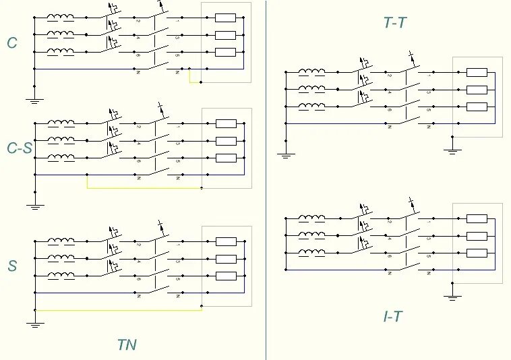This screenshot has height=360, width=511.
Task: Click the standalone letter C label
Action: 12,44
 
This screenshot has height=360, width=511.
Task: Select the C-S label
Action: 18,148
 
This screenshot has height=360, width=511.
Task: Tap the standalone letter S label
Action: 12,266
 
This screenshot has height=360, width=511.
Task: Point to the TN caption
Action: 126,345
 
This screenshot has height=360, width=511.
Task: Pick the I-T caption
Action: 392,316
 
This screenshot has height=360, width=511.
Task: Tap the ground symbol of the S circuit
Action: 34,324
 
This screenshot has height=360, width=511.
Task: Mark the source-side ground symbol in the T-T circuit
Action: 286,154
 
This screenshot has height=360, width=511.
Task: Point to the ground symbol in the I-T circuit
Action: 453,296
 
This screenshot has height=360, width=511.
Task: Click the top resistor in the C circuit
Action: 225,18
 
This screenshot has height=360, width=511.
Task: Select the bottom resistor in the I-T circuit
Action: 477,253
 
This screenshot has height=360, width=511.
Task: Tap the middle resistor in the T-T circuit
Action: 477,90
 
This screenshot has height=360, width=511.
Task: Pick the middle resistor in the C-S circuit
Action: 225,141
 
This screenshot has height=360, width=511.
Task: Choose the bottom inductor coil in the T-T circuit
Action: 312,106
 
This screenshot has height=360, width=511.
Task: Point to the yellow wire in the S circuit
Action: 118,309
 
